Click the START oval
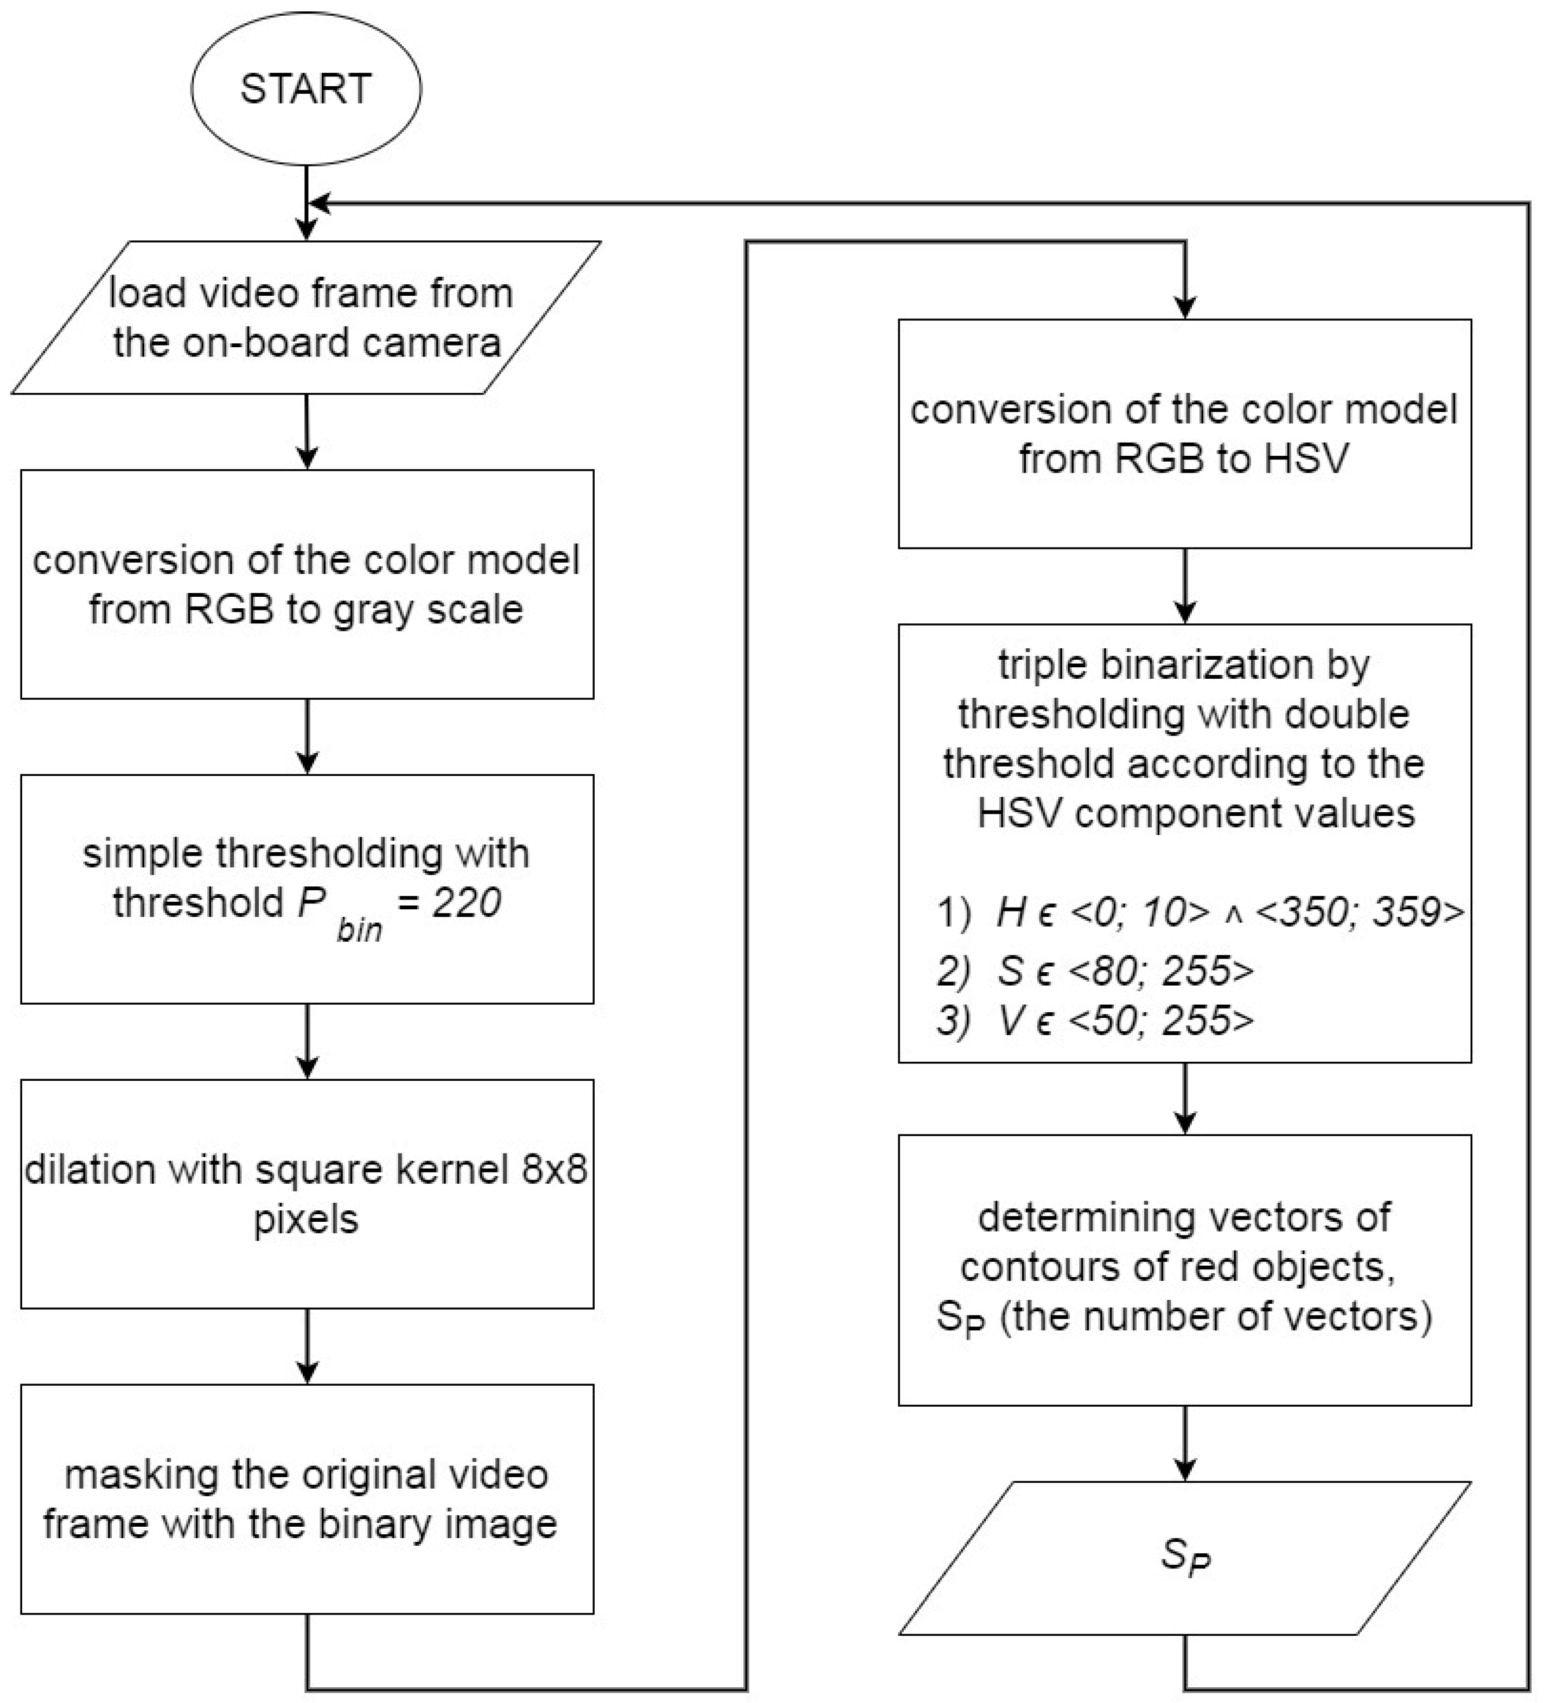pos(306,88)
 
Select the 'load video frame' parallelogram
pos(306,317)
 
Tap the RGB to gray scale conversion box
pos(307,584)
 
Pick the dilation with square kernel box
pos(307,1194)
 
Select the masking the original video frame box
pos(307,1500)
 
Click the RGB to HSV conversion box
pos(1184,433)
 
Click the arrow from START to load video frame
pos(307,203)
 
